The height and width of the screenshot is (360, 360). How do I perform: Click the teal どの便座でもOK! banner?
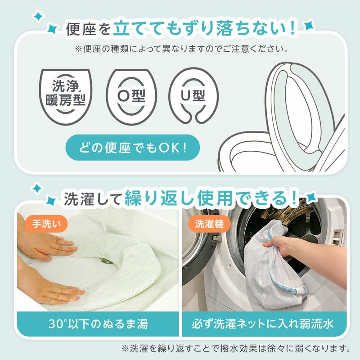click(x=132, y=147)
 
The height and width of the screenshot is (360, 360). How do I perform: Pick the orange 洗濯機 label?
click(x=209, y=222)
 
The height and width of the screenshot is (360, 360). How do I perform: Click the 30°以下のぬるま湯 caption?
click(x=98, y=324)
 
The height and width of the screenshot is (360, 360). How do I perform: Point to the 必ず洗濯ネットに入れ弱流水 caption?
click(x=264, y=324)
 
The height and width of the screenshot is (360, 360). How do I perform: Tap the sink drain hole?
click(x=107, y=260)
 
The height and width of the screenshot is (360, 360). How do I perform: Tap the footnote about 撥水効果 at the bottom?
click(x=236, y=348)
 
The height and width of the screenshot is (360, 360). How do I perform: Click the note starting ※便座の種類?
click(x=182, y=48)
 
